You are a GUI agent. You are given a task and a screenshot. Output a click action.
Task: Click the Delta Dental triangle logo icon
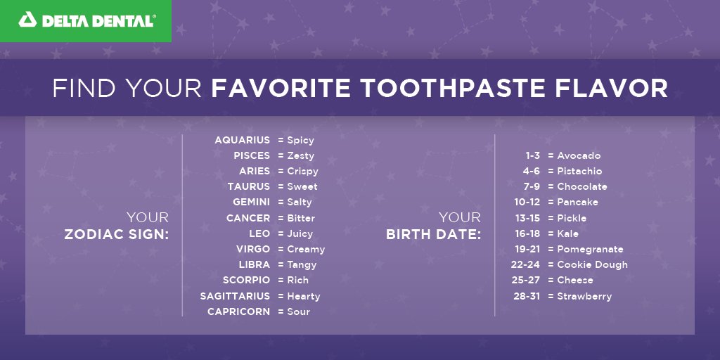click(28, 20)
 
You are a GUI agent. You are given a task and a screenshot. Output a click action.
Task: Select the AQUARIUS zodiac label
click(242, 141)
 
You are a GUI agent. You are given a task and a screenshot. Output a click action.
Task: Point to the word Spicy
click(300, 141)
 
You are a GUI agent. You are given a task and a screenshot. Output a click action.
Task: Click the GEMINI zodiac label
click(251, 202)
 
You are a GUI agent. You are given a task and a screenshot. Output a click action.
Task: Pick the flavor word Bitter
click(301, 218)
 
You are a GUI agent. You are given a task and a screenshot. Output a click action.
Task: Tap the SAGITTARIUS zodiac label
click(235, 296)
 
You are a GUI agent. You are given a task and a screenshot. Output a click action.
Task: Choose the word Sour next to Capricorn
click(298, 311)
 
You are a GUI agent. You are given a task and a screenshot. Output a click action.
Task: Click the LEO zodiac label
click(259, 233)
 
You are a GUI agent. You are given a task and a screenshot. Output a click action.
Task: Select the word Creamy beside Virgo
click(306, 249)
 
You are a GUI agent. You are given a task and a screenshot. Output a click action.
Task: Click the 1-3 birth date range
click(533, 155)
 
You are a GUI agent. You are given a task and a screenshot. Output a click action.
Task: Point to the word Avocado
click(579, 155)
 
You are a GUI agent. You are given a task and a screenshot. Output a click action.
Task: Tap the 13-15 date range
click(527, 218)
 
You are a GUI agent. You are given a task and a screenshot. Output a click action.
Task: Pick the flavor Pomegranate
click(590, 249)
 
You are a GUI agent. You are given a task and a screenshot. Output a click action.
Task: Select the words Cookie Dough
click(592, 264)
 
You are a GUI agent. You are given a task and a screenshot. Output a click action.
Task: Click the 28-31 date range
click(527, 296)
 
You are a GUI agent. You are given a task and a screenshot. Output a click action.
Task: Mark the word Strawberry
click(584, 296)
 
